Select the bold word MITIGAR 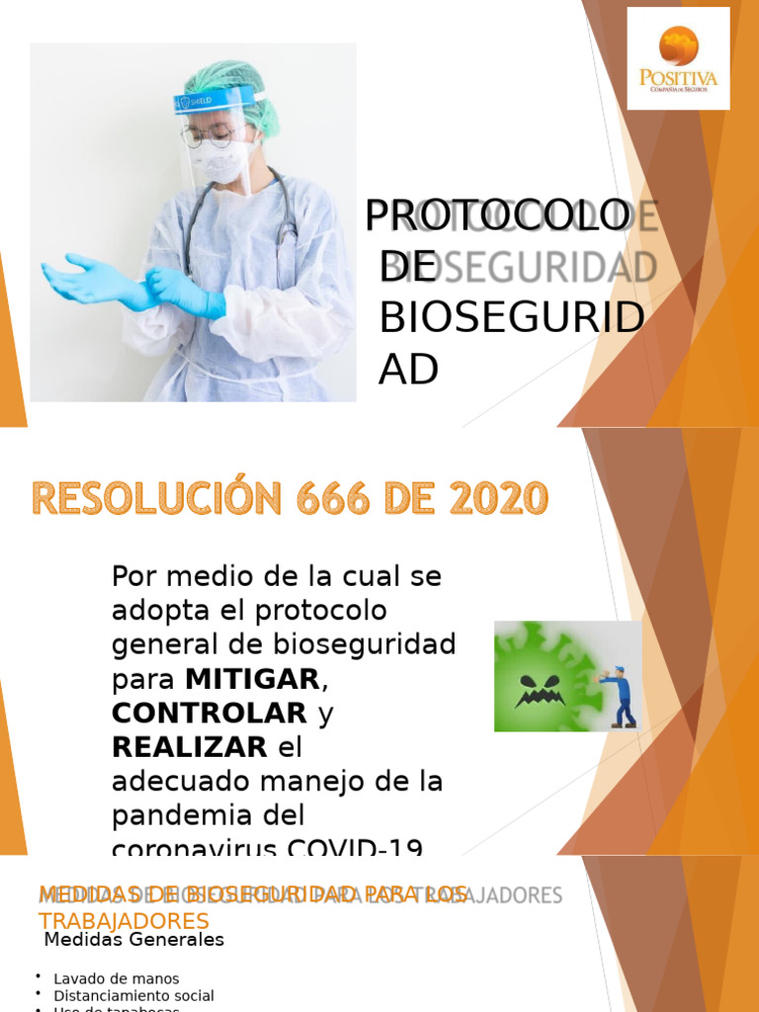tap(252, 680)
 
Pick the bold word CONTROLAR tap(210, 714)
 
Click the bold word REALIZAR tap(190, 747)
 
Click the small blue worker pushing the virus tap(621, 696)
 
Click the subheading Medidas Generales tap(133, 940)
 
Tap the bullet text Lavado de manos tap(117, 978)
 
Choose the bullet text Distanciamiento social tap(133, 996)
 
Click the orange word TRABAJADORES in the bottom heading tap(125, 920)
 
